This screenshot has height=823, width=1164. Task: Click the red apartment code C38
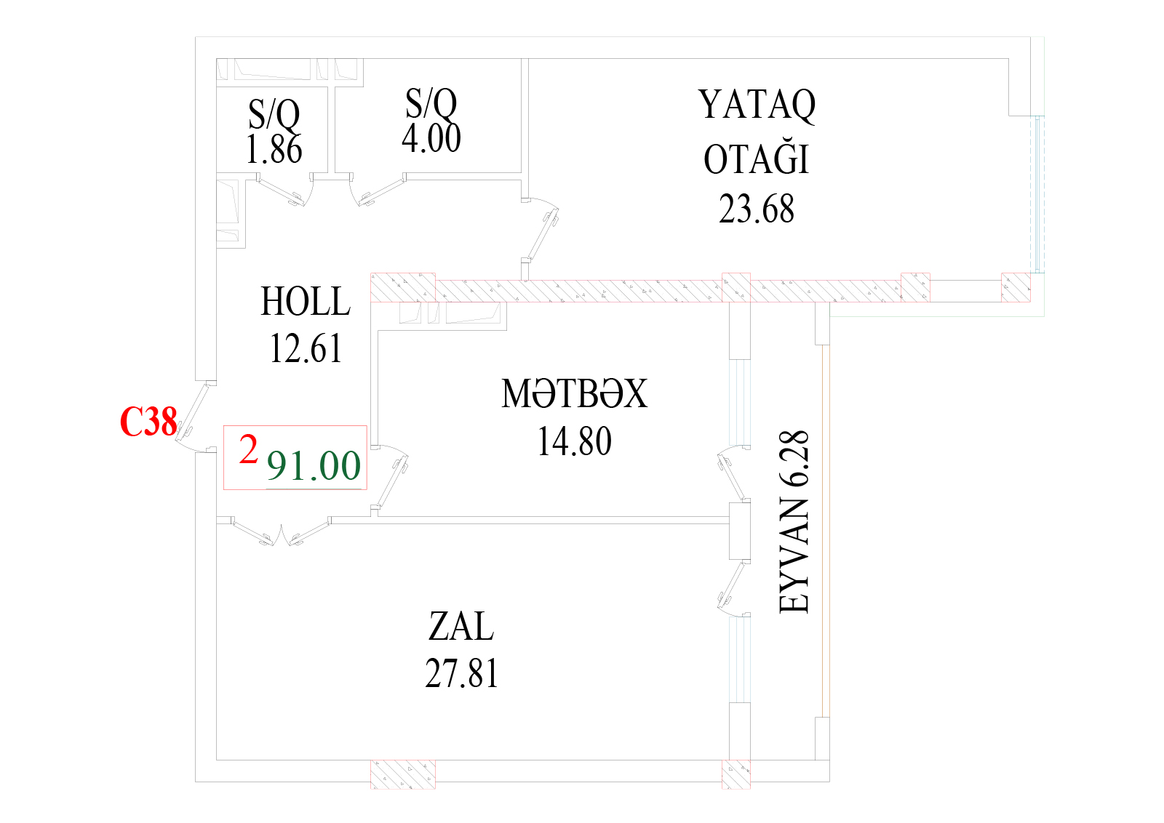pyautogui.click(x=148, y=421)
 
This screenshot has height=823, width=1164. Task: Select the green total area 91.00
pyautogui.click(x=314, y=466)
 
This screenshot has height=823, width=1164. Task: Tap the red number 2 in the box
pyautogui.click(x=248, y=449)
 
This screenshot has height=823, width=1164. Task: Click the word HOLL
pyautogui.click(x=306, y=301)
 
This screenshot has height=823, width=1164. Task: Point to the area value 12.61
pyautogui.click(x=306, y=348)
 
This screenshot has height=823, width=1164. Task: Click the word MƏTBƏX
pyautogui.click(x=574, y=393)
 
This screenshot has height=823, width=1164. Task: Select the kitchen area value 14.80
pyautogui.click(x=574, y=441)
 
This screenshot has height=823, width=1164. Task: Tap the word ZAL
pyautogui.click(x=461, y=626)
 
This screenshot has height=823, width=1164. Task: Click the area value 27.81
pyautogui.click(x=461, y=673)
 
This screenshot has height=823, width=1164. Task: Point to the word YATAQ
pyautogui.click(x=757, y=105)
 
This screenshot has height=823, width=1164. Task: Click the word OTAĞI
pyautogui.click(x=756, y=158)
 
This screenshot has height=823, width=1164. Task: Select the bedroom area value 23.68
pyautogui.click(x=756, y=209)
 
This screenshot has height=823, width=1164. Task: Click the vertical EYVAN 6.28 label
pyautogui.click(x=794, y=522)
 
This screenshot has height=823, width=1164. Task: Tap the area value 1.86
pyautogui.click(x=274, y=150)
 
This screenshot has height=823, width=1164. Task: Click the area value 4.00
pyautogui.click(x=431, y=138)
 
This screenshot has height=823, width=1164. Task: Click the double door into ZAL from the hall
pyautogui.click(x=281, y=531)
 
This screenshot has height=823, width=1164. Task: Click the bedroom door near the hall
pyautogui.click(x=541, y=231)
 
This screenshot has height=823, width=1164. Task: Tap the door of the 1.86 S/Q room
pyautogui.click(x=286, y=190)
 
